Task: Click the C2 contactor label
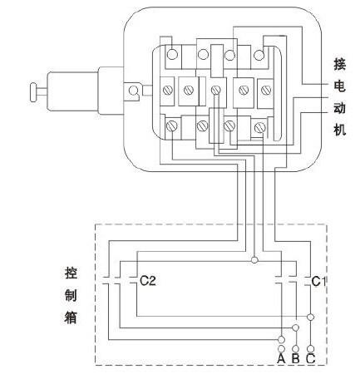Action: [148, 281]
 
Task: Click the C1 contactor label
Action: [318, 282]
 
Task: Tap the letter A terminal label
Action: [281, 359]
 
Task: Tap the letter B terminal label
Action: [296, 359]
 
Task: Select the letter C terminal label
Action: [311, 359]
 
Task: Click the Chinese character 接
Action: [339, 65]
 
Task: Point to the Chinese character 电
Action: [339, 86]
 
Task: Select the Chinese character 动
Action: [339, 108]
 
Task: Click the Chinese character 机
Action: [339, 129]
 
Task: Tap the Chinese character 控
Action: [71, 273]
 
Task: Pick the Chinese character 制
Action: [71, 295]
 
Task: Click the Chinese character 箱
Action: [71, 317]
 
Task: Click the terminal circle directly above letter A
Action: [281, 348]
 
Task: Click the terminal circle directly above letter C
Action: [311, 348]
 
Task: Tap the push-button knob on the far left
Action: [33, 92]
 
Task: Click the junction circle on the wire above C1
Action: [254, 260]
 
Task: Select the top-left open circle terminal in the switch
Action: [172, 54]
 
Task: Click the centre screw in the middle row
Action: [215, 90]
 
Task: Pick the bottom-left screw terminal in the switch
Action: [172, 126]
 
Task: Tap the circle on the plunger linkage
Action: [133, 91]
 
